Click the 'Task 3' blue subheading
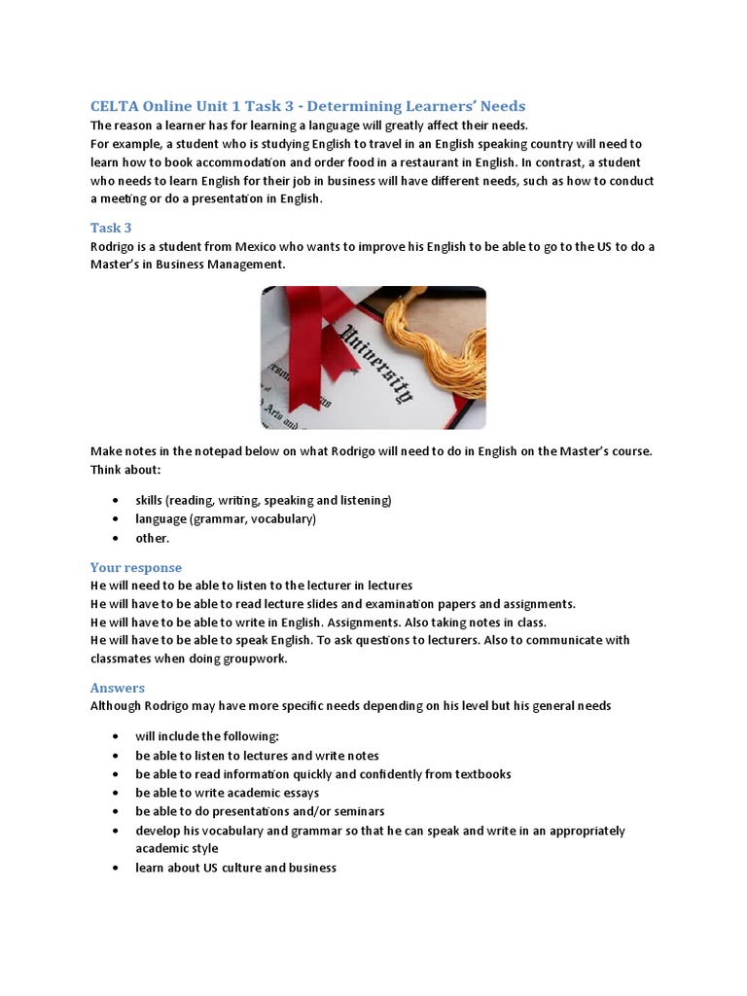111,228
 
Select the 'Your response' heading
136,567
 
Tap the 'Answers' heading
118,688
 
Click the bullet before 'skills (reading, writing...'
116,500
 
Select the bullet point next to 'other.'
116,538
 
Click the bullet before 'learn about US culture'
116,868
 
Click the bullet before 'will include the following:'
116,736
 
